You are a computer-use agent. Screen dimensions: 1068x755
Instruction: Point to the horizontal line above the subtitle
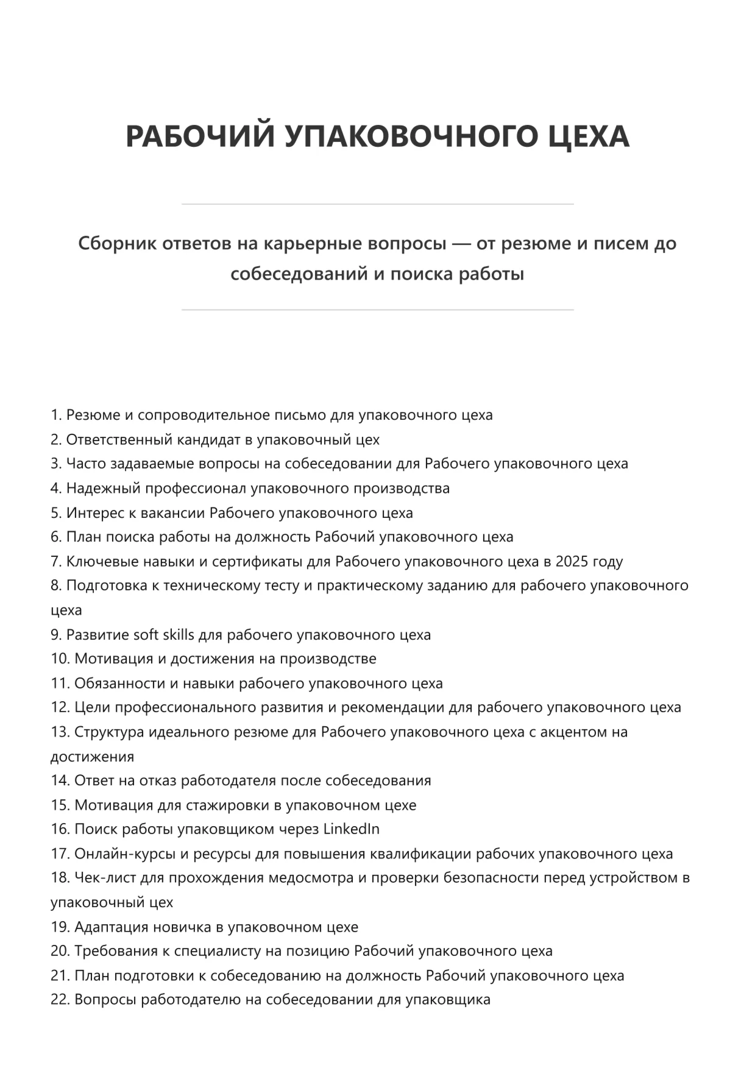point(377,204)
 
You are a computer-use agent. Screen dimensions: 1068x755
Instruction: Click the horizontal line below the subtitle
point(377,310)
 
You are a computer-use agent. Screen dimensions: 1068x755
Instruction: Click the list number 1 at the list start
point(55,415)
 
